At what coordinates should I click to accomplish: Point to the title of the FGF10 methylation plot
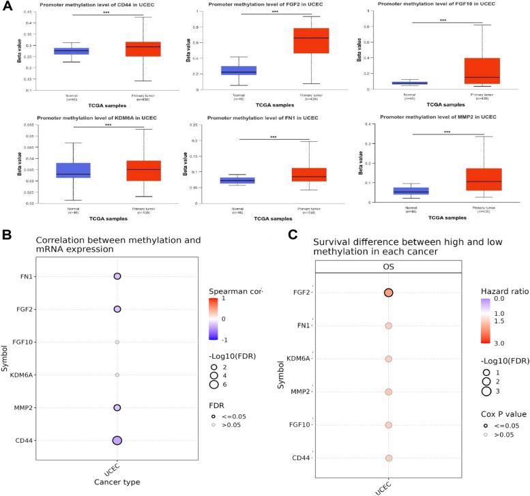(x=443, y=4)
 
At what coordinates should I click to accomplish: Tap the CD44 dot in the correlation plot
(x=117, y=441)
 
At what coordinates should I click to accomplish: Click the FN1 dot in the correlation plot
(x=117, y=276)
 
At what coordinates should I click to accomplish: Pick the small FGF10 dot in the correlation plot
(x=117, y=342)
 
